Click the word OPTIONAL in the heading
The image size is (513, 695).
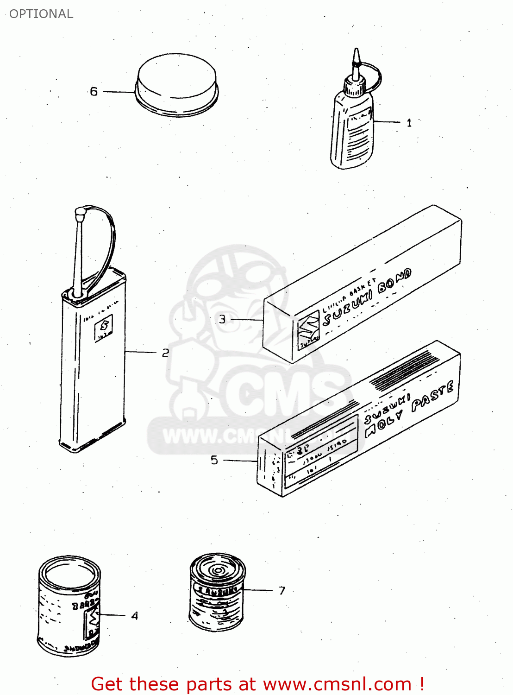pyautogui.click(x=41, y=14)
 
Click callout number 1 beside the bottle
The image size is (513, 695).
pyautogui.click(x=409, y=123)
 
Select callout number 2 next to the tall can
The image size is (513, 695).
pyautogui.click(x=165, y=353)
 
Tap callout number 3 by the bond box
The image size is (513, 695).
pyautogui.click(x=222, y=319)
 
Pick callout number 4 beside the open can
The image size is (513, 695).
pyautogui.click(x=134, y=616)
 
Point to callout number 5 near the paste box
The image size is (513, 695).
pyautogui.click(x=214, y=460)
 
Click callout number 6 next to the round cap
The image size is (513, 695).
pyautogui.click(x=94, y=91)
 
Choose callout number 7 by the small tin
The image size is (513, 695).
pyautogui.click(x=282, y=590)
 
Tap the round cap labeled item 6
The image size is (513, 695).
pyautogui.click(x=177, y=83)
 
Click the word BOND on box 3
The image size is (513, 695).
pyautogui.click(x=394, y=282)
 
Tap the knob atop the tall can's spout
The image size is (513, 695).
pyautogui.click(x=80, y=214)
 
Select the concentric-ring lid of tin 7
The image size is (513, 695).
pyautogui.click(x=218, y=569)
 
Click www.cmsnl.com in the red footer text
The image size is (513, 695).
pyautogui.click(x=338, y=684)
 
